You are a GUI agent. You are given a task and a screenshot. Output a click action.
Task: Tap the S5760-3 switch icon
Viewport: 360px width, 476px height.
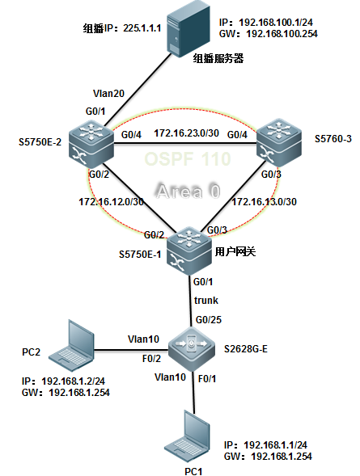[279, 143]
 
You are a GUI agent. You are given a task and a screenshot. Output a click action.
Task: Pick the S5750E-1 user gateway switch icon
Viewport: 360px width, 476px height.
[189, 251]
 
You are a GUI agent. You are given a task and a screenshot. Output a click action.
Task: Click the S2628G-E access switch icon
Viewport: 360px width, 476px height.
[192, 350]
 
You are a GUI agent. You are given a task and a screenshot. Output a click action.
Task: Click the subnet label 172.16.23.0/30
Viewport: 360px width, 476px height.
[186, 133]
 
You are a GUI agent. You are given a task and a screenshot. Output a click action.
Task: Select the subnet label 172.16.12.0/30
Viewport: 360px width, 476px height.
[111, 201]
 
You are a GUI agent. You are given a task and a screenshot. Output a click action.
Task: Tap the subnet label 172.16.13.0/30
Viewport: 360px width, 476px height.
[265, 201]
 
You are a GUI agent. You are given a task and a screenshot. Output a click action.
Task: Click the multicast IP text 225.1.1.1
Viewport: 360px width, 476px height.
[142, 28]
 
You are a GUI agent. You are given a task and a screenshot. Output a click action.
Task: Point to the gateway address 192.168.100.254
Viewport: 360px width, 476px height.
[282, 33]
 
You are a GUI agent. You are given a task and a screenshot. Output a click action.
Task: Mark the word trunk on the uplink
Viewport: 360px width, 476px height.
[206, 301]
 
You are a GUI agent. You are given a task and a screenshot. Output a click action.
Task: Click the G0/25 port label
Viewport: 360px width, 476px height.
[209, 319]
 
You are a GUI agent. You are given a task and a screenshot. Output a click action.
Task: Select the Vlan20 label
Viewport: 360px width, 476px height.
[108, 93]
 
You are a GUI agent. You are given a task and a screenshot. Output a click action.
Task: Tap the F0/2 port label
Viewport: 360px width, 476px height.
[151, 359]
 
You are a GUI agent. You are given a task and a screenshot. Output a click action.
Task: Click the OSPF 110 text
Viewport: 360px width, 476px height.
[188, 158]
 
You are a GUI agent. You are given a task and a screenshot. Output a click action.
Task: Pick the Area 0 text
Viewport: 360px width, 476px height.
[188, 192]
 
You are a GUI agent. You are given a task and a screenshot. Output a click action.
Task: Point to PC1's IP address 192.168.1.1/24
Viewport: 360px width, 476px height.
[275, 445]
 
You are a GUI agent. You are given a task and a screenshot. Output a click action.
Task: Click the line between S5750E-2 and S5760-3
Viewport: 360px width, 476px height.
[185, 144]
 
